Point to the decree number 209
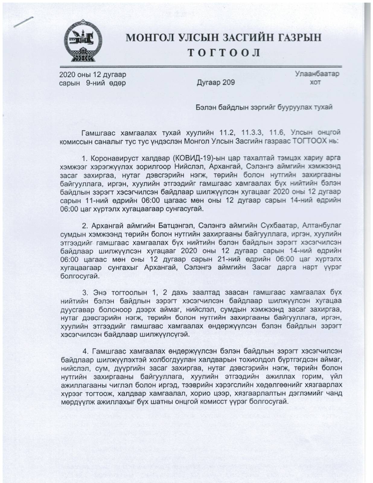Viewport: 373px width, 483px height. (x=228, y=82)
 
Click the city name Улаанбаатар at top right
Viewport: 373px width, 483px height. (x=317, y=74)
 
